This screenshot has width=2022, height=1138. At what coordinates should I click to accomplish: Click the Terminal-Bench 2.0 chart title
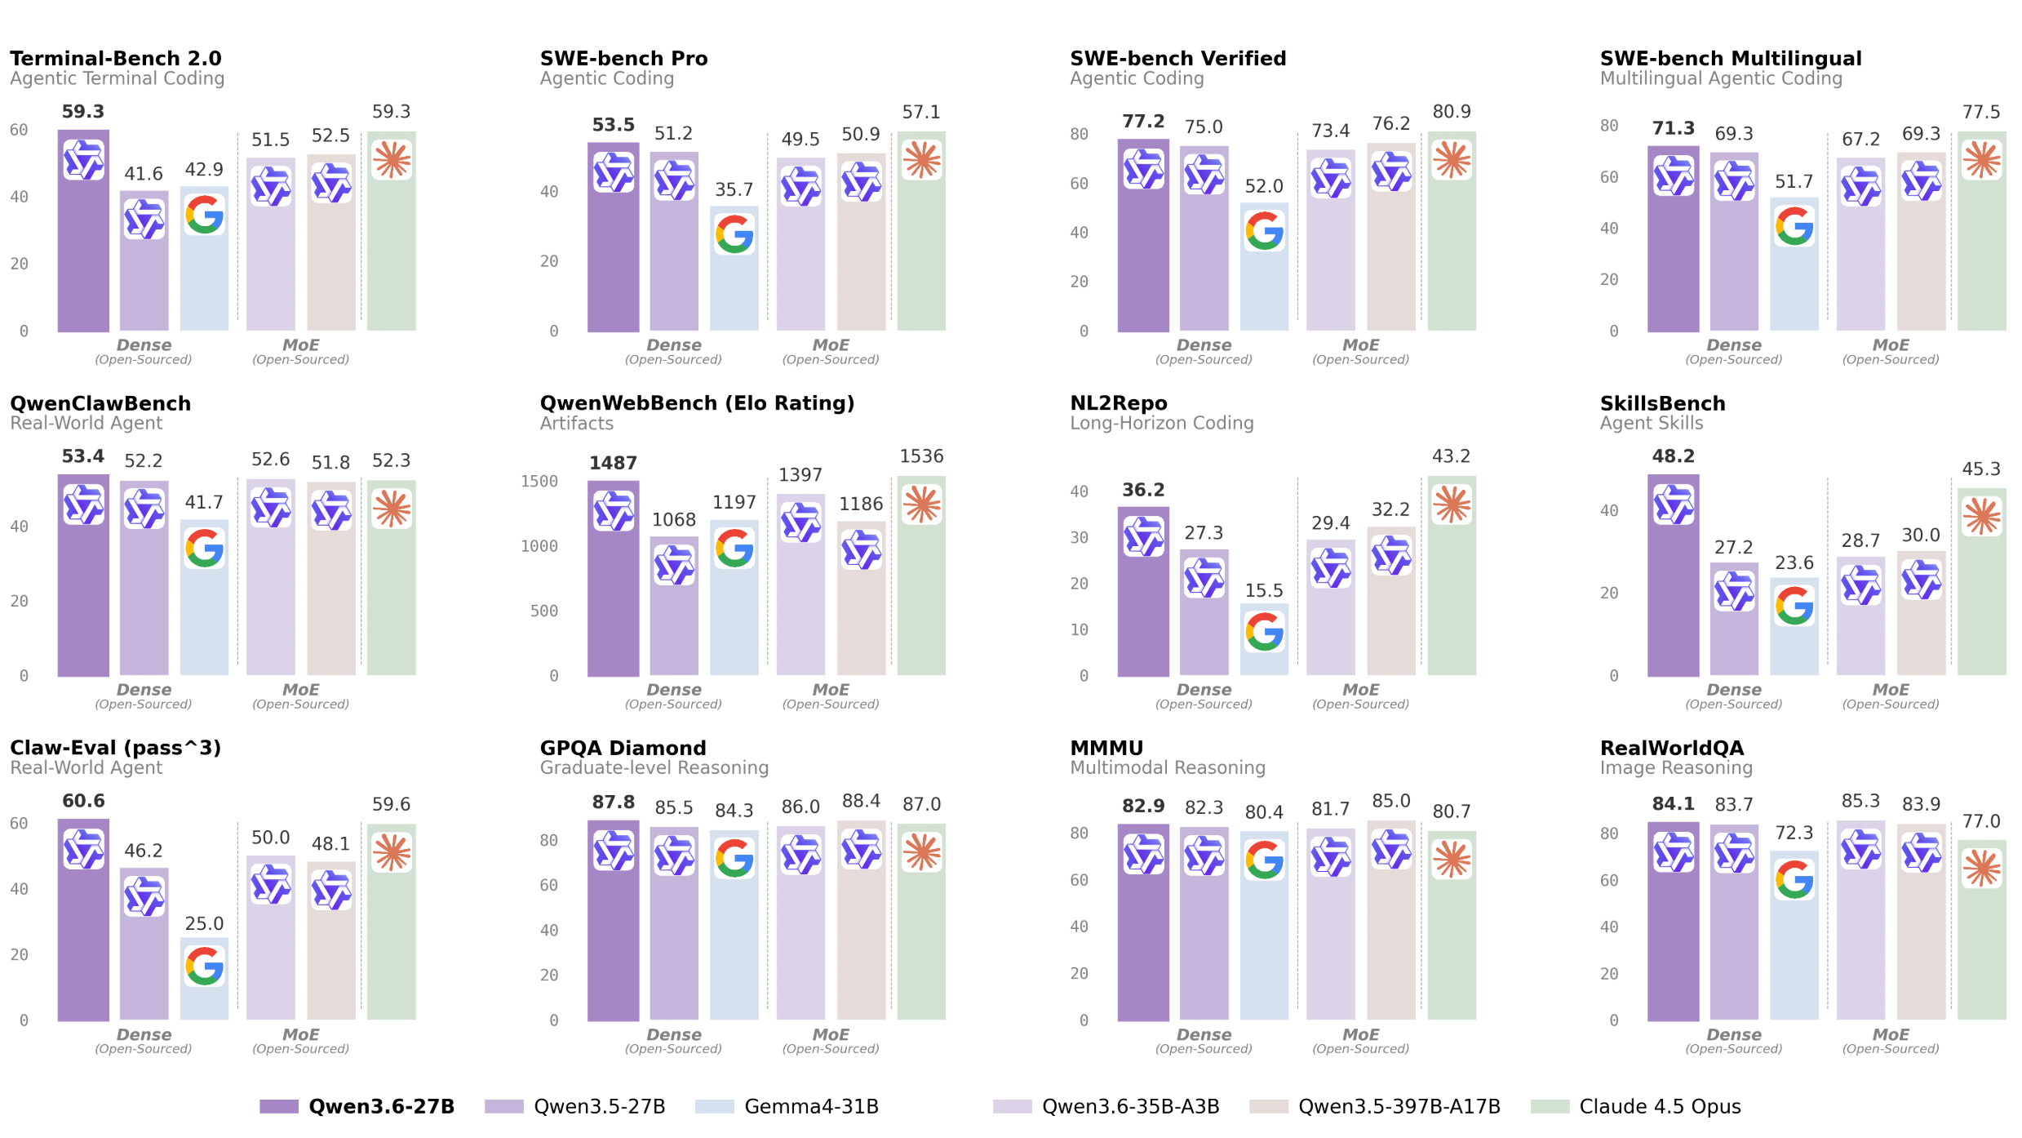115,59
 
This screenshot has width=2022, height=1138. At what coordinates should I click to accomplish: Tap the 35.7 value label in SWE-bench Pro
734,189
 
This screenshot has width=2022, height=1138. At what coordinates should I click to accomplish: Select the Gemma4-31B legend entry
810,1106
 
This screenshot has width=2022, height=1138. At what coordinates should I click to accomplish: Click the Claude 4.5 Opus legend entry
1659,1106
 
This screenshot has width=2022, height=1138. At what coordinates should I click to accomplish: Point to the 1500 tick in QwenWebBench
539,482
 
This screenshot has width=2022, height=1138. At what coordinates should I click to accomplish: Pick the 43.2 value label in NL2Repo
1451,456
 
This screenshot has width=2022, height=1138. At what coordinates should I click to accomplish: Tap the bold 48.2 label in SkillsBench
1673,456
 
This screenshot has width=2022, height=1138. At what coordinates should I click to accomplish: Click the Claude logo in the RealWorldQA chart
1981,868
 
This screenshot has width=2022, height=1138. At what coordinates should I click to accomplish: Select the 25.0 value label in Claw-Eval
204,923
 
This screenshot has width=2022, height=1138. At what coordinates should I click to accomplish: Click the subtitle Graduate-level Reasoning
654,767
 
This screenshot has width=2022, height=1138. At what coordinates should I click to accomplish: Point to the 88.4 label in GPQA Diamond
861,801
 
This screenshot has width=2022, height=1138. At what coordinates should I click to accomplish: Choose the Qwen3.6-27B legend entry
380,1106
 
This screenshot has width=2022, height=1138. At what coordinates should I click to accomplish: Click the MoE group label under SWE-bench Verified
1360,345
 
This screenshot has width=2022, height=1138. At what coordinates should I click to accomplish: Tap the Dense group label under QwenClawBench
144,690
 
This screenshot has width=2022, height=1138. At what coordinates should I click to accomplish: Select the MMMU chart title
1106,748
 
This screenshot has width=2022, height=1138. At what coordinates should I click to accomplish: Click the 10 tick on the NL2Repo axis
1079,629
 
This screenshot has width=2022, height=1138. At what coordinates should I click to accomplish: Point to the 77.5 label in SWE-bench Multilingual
1980,112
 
